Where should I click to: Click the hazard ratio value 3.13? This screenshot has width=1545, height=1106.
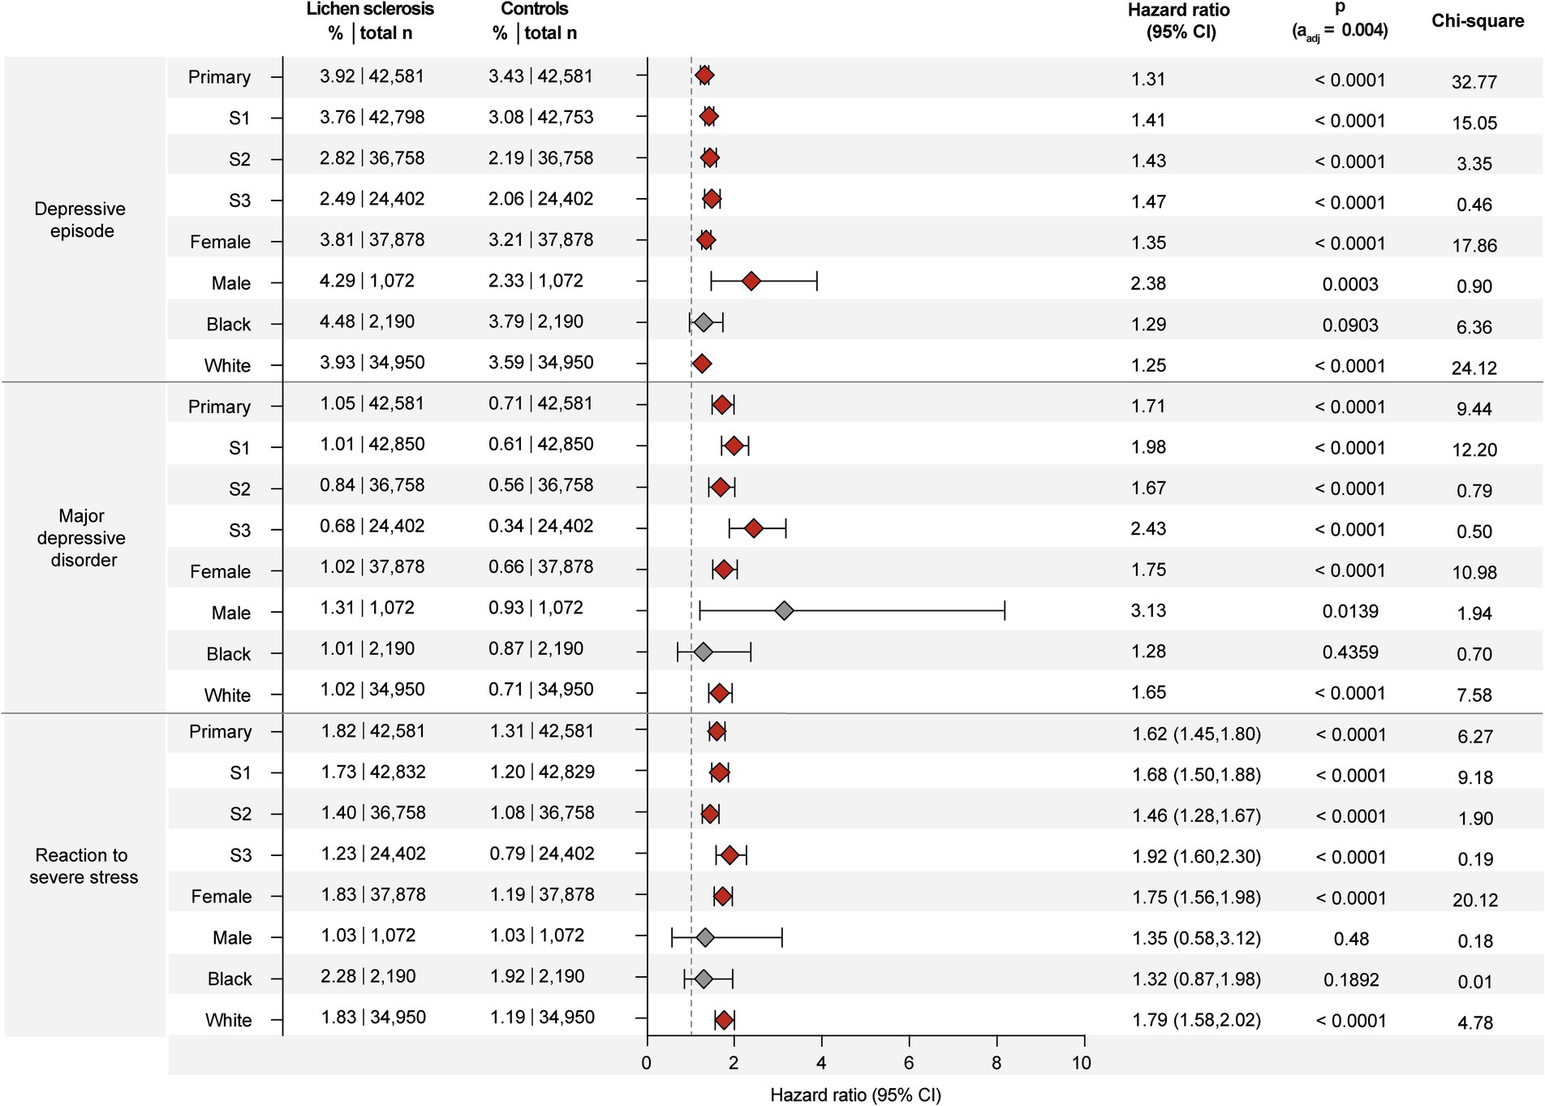coord(1148,611)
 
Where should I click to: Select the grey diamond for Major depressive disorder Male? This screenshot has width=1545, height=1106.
coord(783,611)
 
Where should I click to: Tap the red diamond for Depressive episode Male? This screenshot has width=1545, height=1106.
coord(751,282)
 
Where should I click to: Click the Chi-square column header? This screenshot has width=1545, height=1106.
coord(1477,21)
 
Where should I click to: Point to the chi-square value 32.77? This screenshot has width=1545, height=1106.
coord(1474,82)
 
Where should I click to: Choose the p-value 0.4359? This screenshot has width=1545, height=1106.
coord(1349,652)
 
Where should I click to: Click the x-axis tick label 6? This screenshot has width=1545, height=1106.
coord(908,1063)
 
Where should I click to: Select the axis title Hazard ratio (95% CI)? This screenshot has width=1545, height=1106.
coord(855,1095)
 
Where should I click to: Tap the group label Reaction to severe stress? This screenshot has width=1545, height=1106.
coord(83,866)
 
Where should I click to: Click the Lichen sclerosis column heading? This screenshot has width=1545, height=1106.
coord(370,10)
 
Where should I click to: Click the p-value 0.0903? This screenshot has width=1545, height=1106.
coord(1349,325)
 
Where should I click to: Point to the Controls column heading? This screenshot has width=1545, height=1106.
coord(534,10)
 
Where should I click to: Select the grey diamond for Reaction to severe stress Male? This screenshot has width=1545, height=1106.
coord(704,938)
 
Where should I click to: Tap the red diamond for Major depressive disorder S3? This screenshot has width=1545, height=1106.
coord(753,529)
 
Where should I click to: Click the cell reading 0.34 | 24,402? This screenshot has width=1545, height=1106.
coord(540,527)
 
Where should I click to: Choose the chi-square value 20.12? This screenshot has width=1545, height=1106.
coord(1474,900)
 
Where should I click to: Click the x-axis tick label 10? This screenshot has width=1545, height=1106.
coord(1081,1063)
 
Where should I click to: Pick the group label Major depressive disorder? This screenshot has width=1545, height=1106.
coord(82,538)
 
